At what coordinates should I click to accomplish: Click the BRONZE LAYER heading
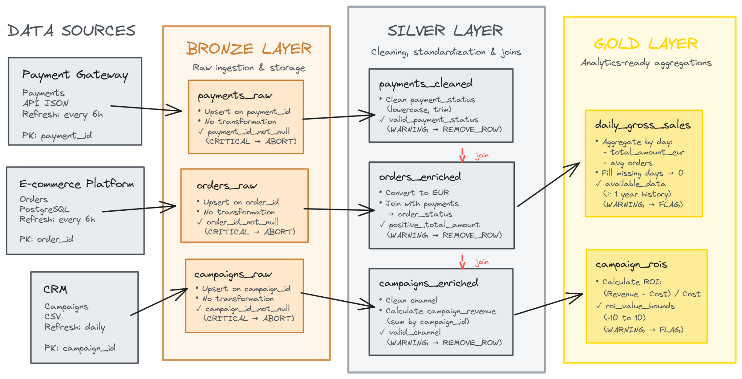coord(249,49)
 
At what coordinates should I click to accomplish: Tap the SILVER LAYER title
coord(445,31)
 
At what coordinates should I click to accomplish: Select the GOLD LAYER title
coord(646,44)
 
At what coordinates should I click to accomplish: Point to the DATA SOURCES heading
coord(71,31)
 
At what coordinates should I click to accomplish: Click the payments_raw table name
coord(235,96)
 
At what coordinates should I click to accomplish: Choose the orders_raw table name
coord(227,186)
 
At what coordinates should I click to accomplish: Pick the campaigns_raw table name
coord(233,275)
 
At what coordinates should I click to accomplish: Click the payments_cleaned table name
coord(426,84)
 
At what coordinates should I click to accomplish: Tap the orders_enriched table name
coord(420,177)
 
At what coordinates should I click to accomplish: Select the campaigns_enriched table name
coord(428,283)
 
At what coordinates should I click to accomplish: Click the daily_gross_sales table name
coord(643,125)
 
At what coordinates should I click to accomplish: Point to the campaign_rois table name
coord(631,265)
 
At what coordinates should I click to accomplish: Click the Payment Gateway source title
coord(75,75)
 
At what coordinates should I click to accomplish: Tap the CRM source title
coord(55,289)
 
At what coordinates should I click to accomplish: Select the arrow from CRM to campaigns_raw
coord(159,302)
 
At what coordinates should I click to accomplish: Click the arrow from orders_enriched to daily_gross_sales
coord(548,185)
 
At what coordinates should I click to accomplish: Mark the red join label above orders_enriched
coord(482,156)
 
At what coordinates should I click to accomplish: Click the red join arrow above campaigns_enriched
coord(462,262)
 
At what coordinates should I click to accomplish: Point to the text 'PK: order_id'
coord(46,239)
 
